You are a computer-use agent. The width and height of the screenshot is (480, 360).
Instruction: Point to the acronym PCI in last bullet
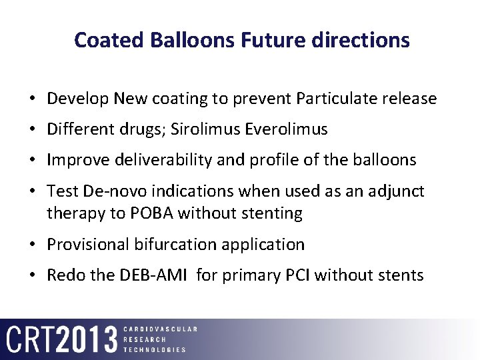tap(297, 275)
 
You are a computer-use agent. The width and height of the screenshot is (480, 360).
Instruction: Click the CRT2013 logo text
tap(62, 339)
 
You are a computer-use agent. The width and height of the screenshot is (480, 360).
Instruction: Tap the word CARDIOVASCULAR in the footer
tap(160, 329)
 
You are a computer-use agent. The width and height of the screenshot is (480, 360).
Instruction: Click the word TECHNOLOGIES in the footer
tap(155, 349)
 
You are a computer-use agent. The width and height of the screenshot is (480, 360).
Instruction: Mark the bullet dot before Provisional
tap(33, 245)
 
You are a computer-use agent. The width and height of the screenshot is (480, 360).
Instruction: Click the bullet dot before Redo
tap(33, 275)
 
